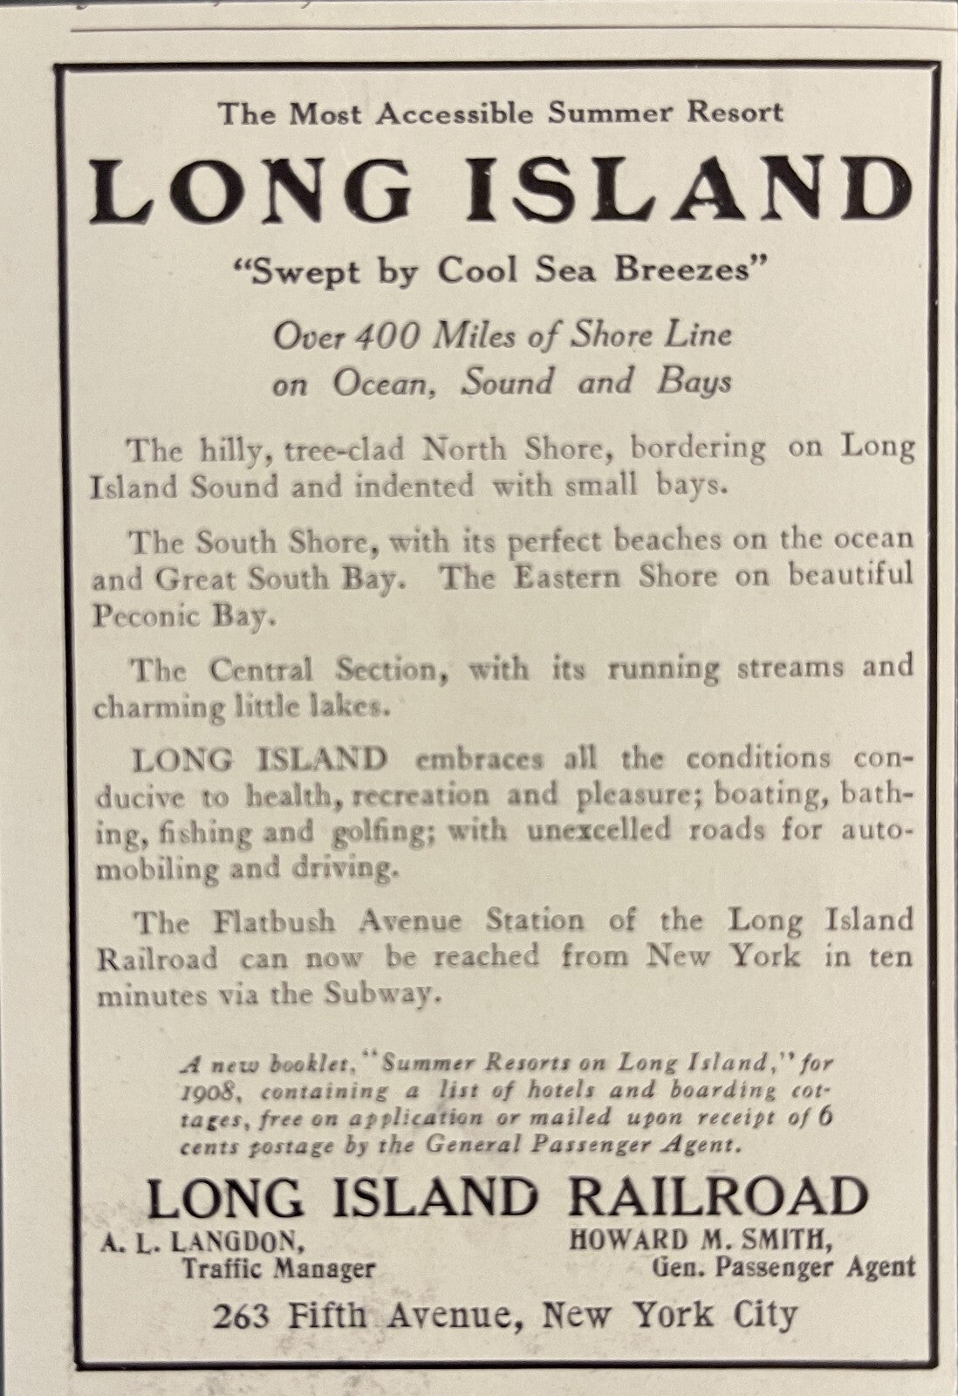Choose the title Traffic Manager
click(277, 1268)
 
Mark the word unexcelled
click(597, 830)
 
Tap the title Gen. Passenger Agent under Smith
click(784, 1266)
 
